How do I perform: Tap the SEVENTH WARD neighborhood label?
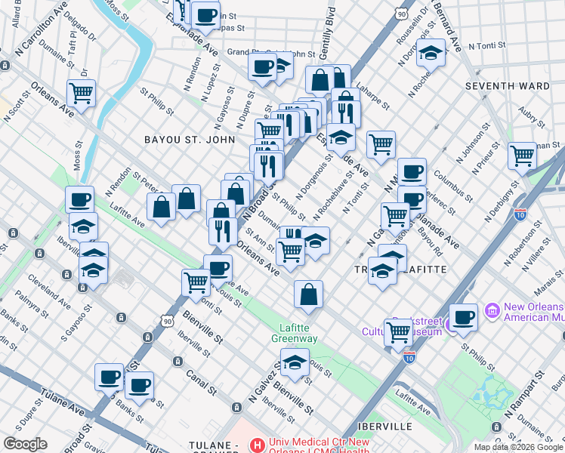507,86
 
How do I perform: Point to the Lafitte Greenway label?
295,333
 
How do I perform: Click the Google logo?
24,444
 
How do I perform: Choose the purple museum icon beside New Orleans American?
492,311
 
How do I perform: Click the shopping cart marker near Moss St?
81,94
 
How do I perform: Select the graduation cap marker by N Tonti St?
431,53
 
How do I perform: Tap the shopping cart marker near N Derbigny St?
522,156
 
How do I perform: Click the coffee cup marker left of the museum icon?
463,316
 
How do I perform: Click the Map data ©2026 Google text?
517,447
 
